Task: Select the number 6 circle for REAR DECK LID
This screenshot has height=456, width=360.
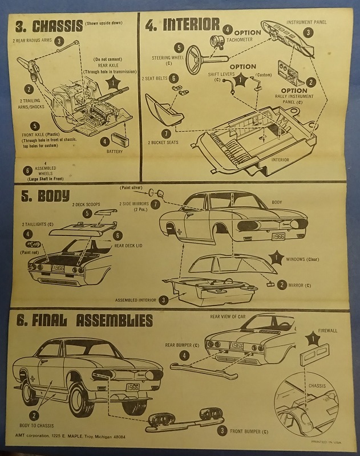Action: coord(118,234)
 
